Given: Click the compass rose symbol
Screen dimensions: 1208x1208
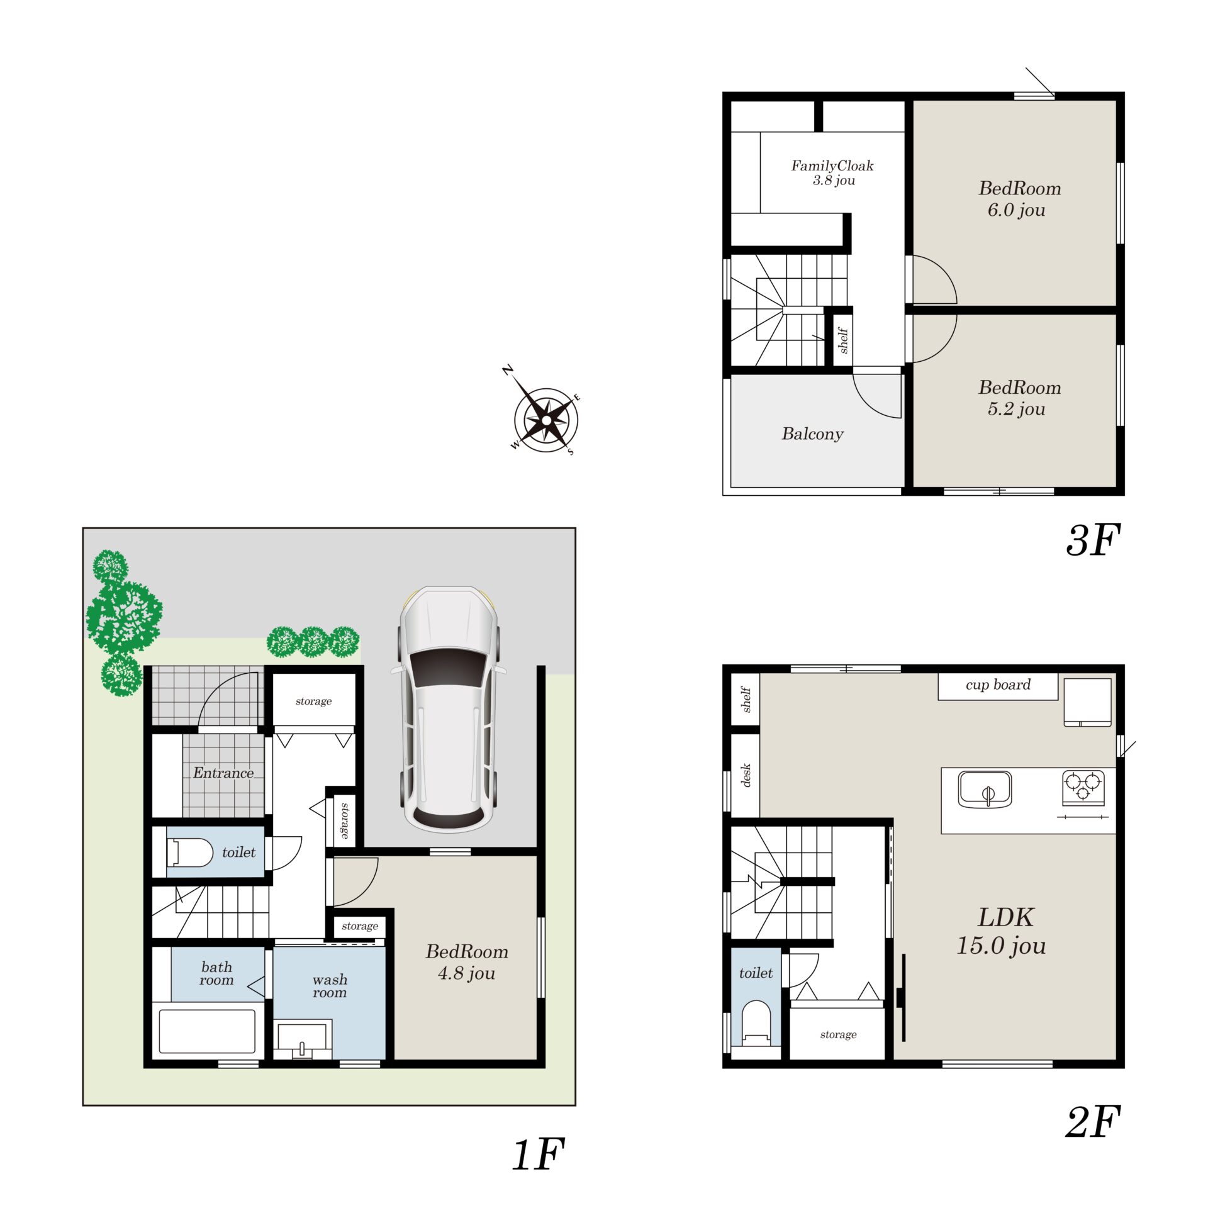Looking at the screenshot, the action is click(546, 419).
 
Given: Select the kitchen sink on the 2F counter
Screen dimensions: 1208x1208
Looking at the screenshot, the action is click(985, 790).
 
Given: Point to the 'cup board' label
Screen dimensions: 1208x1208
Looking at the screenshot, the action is click(998, 685).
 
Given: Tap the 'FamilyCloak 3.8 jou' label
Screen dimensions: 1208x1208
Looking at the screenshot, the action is click(832, 173).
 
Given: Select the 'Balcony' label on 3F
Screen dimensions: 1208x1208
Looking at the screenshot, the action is click(812, 434).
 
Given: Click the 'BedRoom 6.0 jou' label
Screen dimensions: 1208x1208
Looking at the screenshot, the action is click(1019, 199).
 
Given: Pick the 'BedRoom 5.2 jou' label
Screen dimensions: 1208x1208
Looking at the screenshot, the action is click(1019, 398).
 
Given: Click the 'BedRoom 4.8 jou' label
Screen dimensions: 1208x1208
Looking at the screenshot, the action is click(467, 962).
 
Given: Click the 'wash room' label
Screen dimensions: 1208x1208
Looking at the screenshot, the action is click(330, 986).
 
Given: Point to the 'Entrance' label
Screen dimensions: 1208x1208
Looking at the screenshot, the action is click(223, 773).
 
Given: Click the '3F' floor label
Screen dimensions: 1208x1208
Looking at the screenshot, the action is click(1093, 540).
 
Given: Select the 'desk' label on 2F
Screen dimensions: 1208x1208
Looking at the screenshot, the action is click(746, 775).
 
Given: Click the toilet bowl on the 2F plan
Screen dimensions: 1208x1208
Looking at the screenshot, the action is click(756, 1022).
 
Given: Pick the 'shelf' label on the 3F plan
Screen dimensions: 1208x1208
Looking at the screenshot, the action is click(843, 340).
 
